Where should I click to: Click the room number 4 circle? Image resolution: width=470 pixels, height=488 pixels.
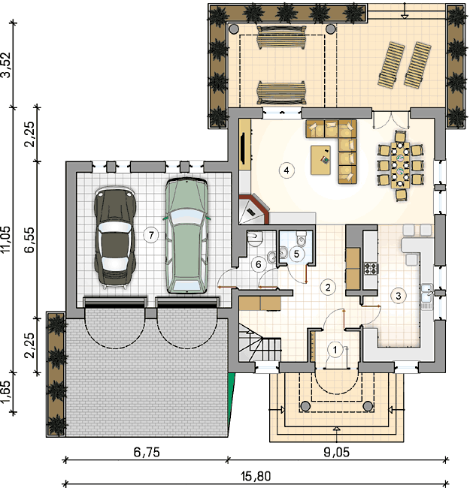pos(287,170)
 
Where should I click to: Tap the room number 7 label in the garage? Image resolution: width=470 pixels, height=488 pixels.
pos(151,235)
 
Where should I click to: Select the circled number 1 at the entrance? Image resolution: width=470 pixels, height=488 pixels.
pos(335,350)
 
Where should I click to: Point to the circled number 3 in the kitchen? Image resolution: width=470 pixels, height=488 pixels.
pos(399,296)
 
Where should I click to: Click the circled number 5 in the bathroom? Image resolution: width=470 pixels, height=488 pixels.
pos(296,254)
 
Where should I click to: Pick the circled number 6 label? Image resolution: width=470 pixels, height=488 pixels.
pos(259,264)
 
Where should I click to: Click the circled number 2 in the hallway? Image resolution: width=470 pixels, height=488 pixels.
pos(328,287)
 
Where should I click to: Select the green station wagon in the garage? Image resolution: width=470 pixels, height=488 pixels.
pos(186,236)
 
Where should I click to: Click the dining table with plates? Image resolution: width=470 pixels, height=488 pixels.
pos(400,165)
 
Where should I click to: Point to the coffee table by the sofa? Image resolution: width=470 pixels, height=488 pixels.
pos(320,160)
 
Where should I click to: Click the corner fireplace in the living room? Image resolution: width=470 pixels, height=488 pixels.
pos(253,209)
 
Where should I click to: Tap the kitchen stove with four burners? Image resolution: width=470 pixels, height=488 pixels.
pos(371,269)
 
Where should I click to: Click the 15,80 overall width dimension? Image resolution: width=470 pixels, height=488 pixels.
pos(256,477)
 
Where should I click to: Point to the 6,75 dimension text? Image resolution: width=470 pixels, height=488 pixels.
pos(147,452)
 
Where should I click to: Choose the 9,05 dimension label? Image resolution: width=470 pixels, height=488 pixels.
pos(337,452)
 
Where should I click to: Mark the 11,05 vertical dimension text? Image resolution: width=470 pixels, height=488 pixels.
pos(6,239)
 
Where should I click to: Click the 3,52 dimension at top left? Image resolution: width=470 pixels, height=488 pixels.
pos(6,65)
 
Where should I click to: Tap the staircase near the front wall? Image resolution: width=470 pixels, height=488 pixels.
pos(260,342)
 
